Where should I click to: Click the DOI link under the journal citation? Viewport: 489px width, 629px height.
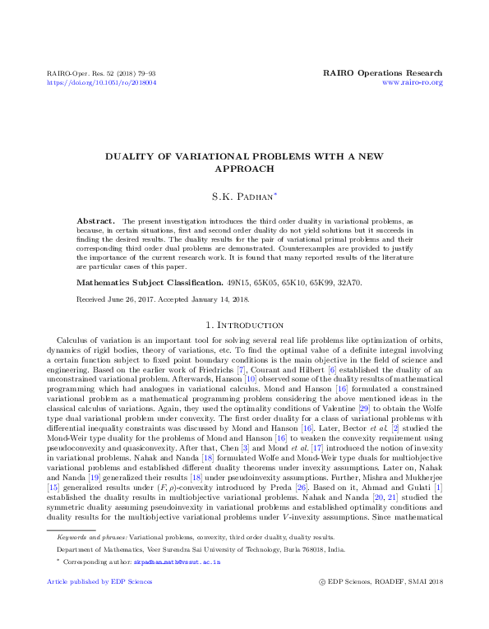pyautogui.click(x=102, y=83)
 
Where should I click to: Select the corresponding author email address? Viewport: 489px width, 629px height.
pyautogui.click(x=187, y=560)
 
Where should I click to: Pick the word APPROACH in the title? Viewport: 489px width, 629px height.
pyautogui.click(x=244, y=169)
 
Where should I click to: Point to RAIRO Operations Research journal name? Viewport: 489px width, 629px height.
pyautogui.click(x=385, y=73)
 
